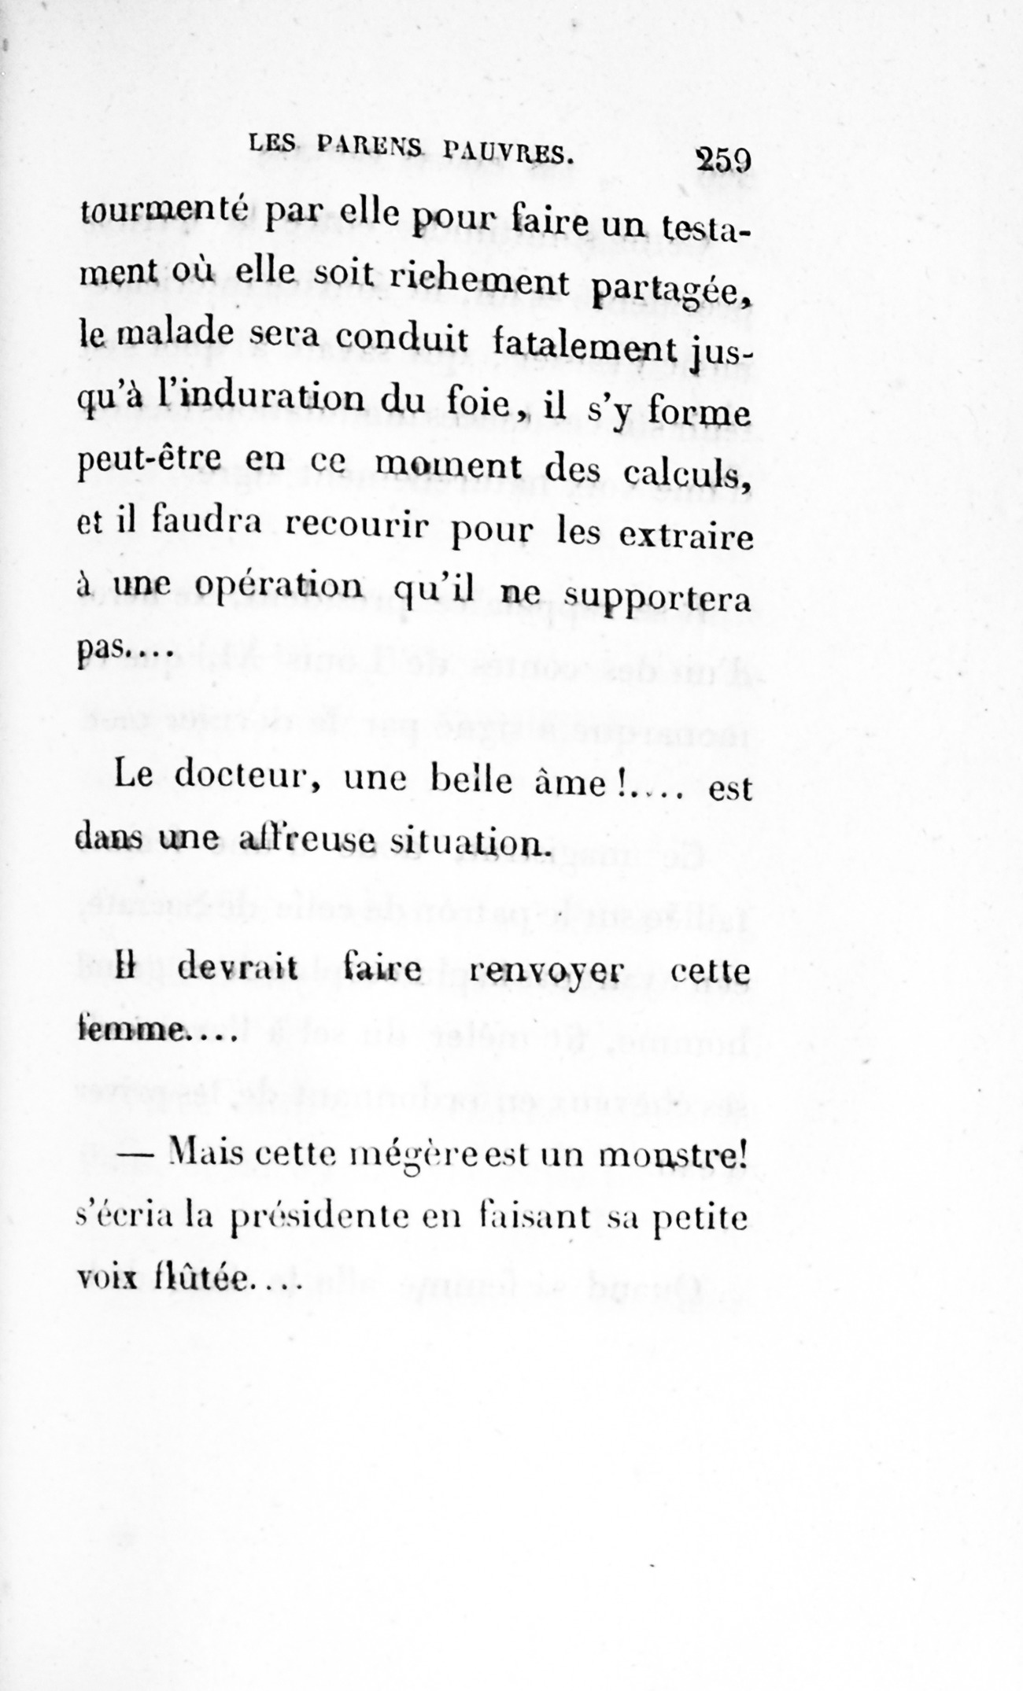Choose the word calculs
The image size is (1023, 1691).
(x=687, y=473)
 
